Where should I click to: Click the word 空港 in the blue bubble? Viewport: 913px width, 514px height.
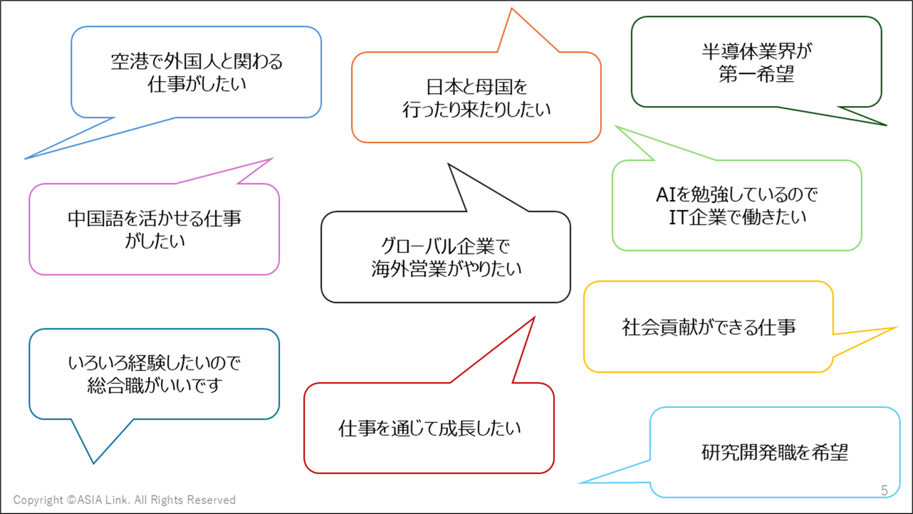pos(128,62)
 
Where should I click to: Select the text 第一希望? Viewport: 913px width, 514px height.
pos(756,75)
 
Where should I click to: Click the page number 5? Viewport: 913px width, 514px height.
pos(885,491)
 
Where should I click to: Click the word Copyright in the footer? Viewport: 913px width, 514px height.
pos(38,500)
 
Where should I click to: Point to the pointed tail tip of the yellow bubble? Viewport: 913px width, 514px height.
pos(896,328)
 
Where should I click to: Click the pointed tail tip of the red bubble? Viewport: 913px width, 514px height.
pos(533,318)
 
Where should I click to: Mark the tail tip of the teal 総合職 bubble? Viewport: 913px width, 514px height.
pos(93,463)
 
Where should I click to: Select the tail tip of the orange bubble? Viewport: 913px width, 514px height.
pos(511,9)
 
